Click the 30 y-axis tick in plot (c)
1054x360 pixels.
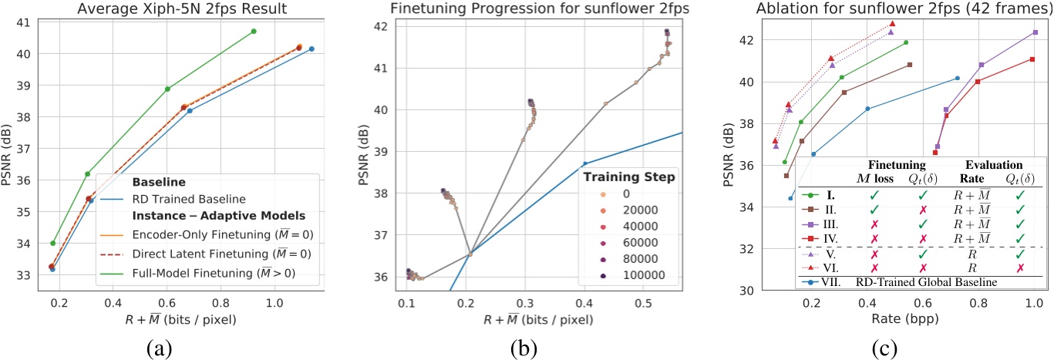click(x=750, y=291)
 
